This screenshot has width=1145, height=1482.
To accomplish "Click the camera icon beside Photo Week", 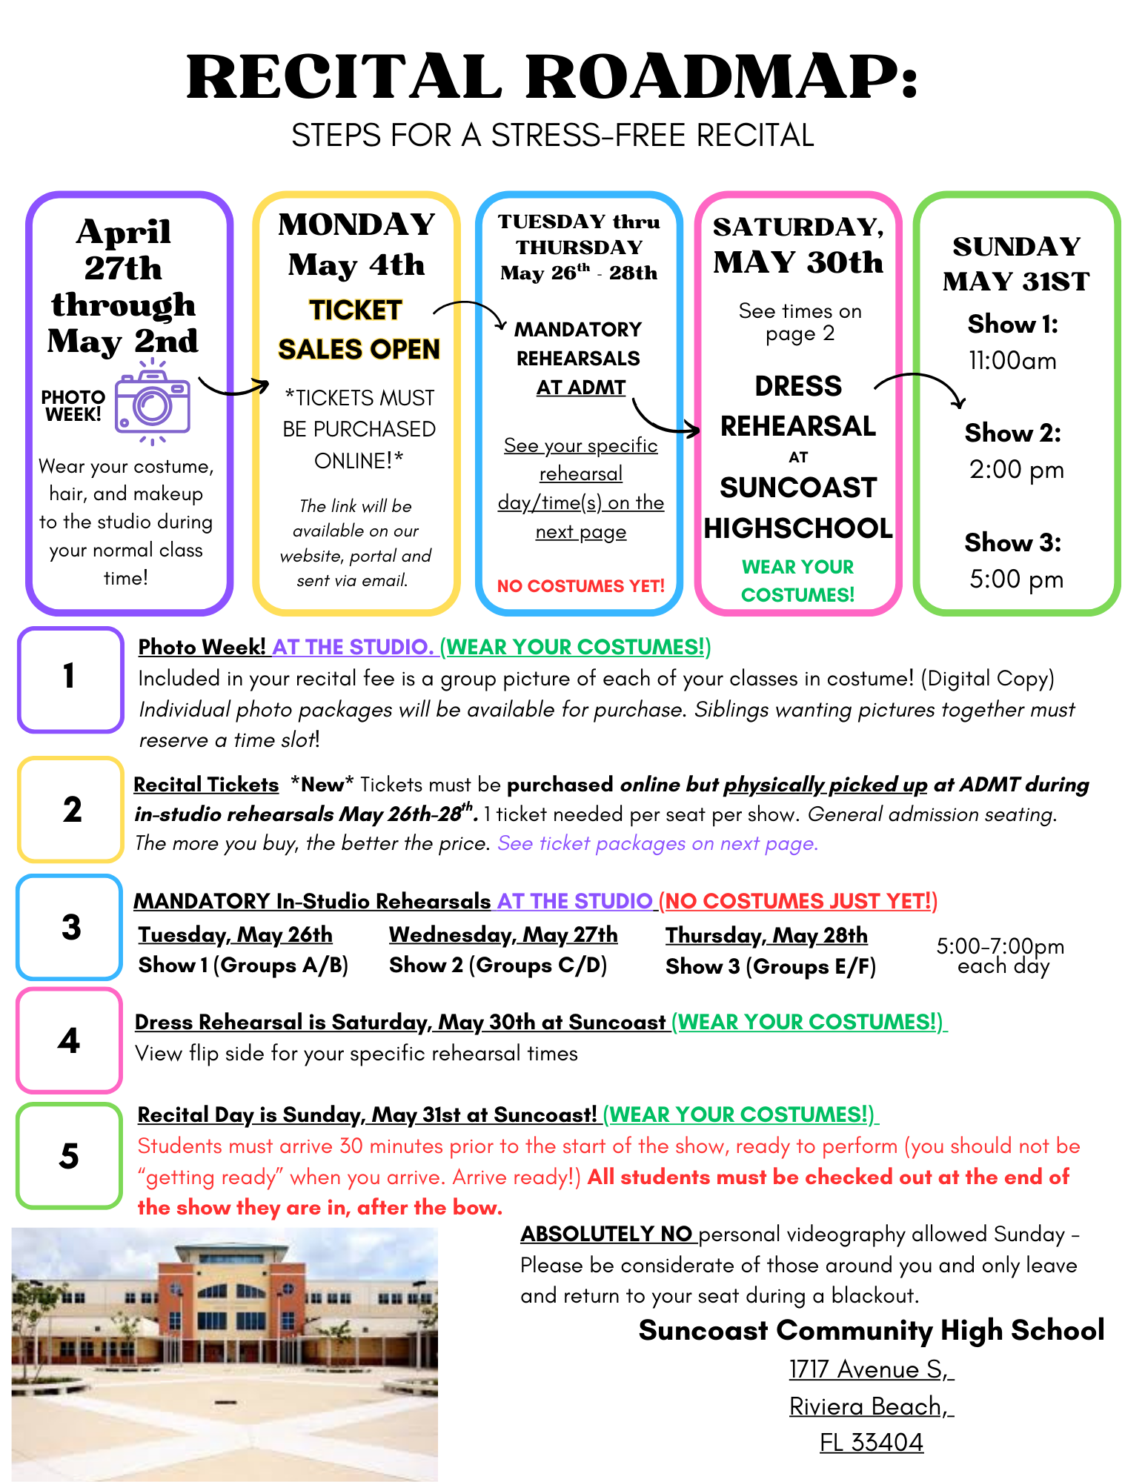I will (152, 402).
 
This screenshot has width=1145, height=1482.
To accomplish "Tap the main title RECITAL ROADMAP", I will (552, 77).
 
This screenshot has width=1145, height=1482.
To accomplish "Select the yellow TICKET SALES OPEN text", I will (358, 330).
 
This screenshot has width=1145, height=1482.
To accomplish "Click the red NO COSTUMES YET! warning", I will (580, 586).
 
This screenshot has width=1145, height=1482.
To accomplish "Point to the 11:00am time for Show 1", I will (1012, 361).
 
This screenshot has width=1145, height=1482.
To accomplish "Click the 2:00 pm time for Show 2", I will (1016, 470).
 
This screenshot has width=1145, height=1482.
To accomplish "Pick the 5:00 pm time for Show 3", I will (1016, 579).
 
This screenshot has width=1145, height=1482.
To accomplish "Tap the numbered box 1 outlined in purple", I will (70, 678).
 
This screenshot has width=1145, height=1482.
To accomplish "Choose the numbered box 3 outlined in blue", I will (70, 927).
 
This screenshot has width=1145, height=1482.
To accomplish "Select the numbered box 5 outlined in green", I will (70, 1155).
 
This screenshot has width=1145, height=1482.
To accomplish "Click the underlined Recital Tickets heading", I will (206, 785).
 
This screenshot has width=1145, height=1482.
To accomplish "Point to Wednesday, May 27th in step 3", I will (503, 935).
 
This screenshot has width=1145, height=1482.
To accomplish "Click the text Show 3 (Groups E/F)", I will (770, 967).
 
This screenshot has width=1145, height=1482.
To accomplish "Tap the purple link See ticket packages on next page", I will (657, 843).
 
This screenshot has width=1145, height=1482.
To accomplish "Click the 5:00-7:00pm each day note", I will (1000, 956).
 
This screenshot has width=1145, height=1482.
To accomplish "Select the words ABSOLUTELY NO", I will (607, 1234).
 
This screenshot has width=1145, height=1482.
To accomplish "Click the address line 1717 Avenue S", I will (870, 1369).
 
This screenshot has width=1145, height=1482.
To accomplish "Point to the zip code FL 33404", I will (871, 1442).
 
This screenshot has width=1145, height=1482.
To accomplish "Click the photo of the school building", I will (225, 1355).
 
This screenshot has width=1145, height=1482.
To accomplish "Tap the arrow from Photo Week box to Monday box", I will (233, 386).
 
